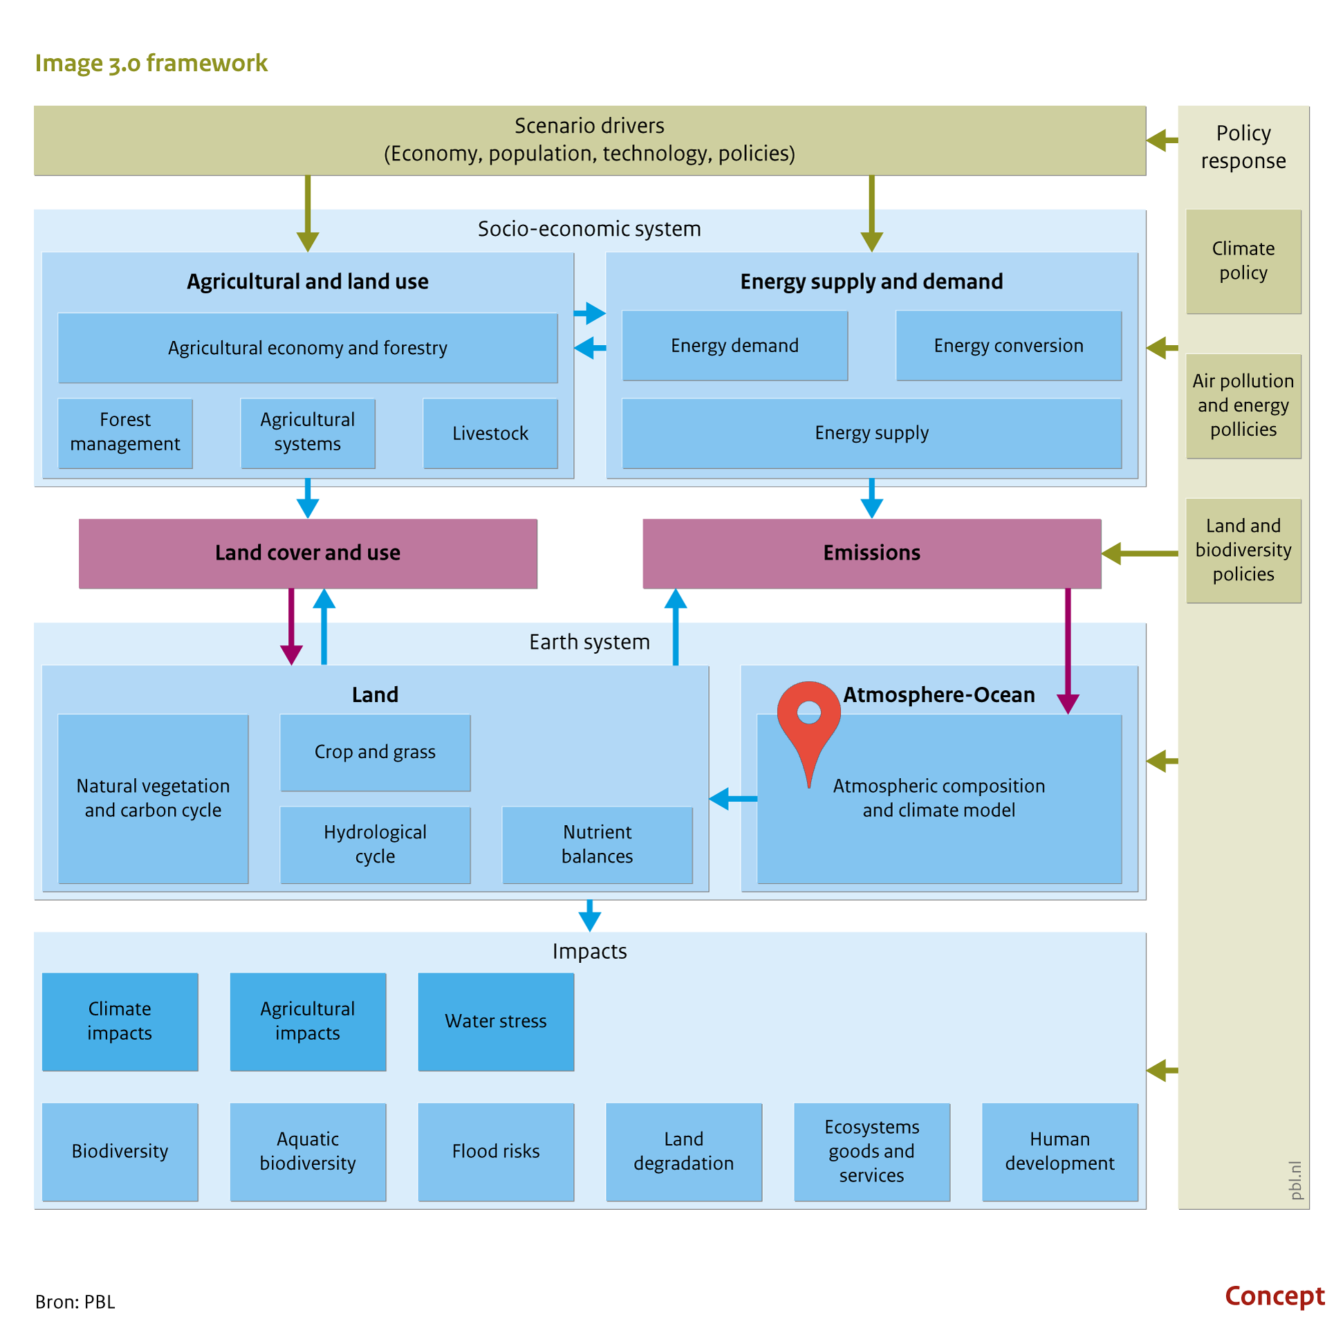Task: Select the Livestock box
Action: (490, 433)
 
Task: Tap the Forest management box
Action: (125, 433)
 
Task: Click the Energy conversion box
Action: (1009, 345)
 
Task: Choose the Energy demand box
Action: (735, 345)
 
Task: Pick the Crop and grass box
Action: (376, 753)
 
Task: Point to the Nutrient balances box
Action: (598, 845)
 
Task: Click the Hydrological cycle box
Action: (376, 845)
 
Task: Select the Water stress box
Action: (496, 1022)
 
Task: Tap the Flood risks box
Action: (496, 1152)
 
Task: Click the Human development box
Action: (1060, 1152)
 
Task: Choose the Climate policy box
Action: (1243, 261)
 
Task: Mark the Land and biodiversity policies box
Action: (1243, 551)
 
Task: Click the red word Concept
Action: (1275, 1296)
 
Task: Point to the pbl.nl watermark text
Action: (1295, 1180)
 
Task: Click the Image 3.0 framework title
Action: (151, 63)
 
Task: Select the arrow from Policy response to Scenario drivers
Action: (1163, 140)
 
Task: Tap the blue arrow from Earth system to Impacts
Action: (589, 916)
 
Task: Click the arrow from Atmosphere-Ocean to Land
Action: (733, 799)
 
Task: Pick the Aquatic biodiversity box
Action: (308, 1152)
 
